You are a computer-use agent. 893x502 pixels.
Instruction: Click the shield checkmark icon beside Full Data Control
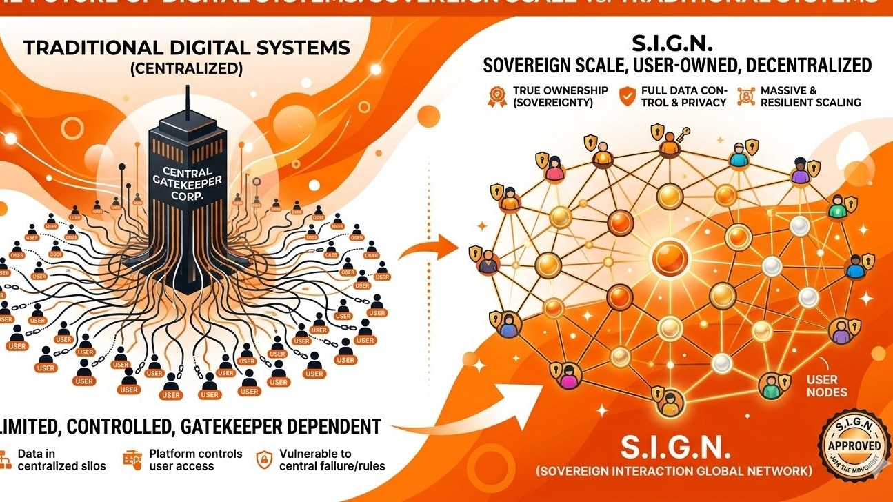(x=627, y=96)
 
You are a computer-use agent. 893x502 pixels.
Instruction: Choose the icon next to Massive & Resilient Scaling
(x=745, y=96)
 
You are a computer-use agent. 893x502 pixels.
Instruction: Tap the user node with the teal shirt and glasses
(x=738, y=157)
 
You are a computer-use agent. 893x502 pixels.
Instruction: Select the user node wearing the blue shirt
(x=856, y=266)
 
